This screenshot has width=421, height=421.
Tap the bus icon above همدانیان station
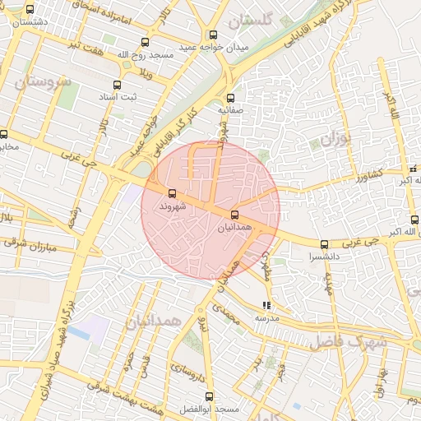(235, 215)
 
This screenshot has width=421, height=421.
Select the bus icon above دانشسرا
(324, 244)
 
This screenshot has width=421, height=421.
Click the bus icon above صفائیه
(230, 98)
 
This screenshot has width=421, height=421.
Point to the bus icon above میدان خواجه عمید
(214, 35)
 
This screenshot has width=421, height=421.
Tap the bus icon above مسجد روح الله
(146, 42)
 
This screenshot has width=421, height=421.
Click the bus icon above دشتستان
(30, 10)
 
